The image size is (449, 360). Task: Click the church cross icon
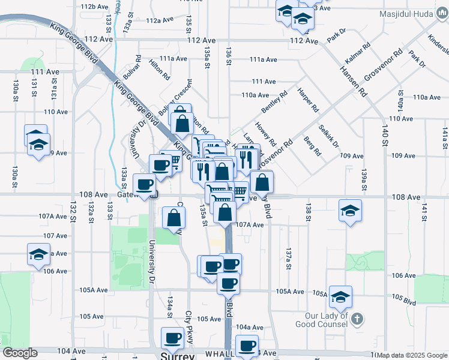click(x=356, y=318)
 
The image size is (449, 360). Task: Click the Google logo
click(x=20, y=353)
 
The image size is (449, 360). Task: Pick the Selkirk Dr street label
click(x=328, y=137)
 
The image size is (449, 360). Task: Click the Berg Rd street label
click(x=312, y=146)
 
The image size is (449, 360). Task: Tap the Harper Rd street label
click(x=307, y=100)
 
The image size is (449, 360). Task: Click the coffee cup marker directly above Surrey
click(x=173, y=338)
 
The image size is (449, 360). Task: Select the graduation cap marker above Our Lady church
click(x=340, y=296)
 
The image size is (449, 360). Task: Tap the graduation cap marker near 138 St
click(x=350, y=211)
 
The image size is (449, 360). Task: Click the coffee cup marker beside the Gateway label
click(x=144, y=184)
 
